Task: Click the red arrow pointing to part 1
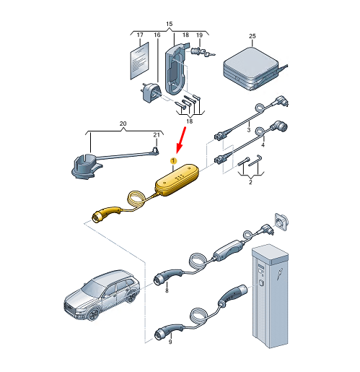pyautogui.click(x=181, y=140)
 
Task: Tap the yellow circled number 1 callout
pyautogui.click(x=173, y=160)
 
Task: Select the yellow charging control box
pyautogui.click(x=177, y=180)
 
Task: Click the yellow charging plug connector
pyautogui.click(x=107, y=213)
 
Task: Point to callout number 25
pyautogui.click(x=252, y=36)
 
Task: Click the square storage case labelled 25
pyautogui.click(x=253, y=69)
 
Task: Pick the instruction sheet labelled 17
pyautogui.click(x=139, y=61)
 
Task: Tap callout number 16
pyautogui.click(x=157, y=35)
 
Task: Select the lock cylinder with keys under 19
pyautogui.click(x=202, y=52)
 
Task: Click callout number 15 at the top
pyautogui.click(x=169, y=24)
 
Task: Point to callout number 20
pyautogui.click(x=123, y=124)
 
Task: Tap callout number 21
pyautogui.click(x=157, y=135)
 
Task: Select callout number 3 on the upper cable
pyautogui.click(x=249, y=130)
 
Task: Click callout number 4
pyautogui.click(x=263, y=144)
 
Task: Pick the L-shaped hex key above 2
pyautogui.click(x=255, y=160)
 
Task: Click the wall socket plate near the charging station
pyautogui.click(x=281, y=221)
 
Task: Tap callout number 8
pyautogui.click(x=167, y=290)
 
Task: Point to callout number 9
pyautogui.click(x=170, y=342)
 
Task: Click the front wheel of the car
pyautogui.click(x=93, y=314)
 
